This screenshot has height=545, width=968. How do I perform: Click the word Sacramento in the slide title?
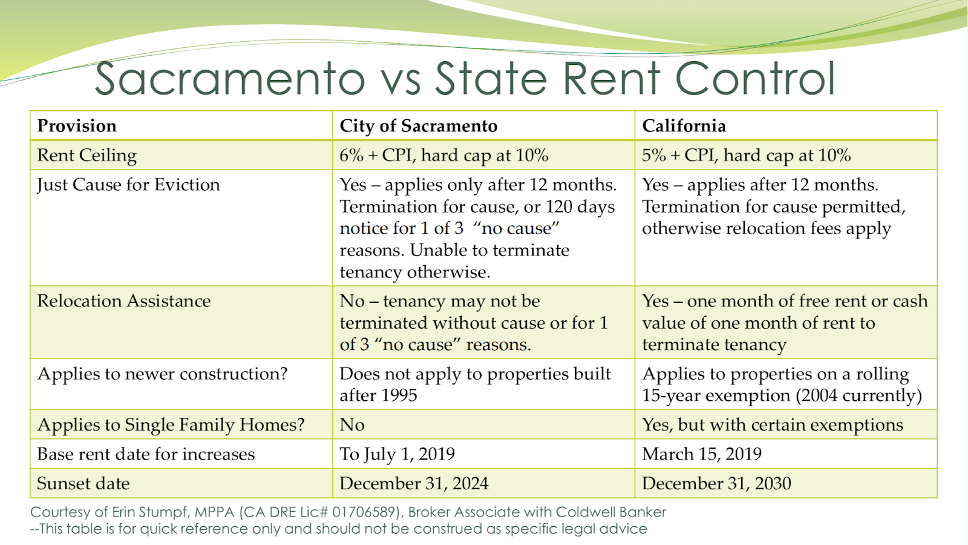tap(230, 79)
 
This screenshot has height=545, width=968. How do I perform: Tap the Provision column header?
tap(77, 126)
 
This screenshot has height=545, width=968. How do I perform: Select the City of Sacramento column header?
tap(418, 126)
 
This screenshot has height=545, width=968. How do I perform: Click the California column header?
tap(684, 126)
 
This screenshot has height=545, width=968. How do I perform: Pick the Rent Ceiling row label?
tap(87, 156)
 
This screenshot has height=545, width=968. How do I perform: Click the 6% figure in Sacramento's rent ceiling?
tap(351, 156)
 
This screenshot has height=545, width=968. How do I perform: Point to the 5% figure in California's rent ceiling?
tap(653, 156)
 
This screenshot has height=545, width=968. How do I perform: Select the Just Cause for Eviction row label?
tap(128, 185)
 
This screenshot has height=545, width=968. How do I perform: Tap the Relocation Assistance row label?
tap(124, 301)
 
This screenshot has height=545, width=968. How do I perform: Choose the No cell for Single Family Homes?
tap(352, 424)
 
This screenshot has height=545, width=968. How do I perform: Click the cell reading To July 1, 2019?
tap(397, 454)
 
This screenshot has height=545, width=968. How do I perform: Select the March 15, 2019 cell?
tap(702, 454)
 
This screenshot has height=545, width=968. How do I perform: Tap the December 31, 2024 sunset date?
tap(414, 483)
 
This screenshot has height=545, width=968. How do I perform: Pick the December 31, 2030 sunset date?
tap(716, 483)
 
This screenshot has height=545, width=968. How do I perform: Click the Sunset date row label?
tap(83, 483)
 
